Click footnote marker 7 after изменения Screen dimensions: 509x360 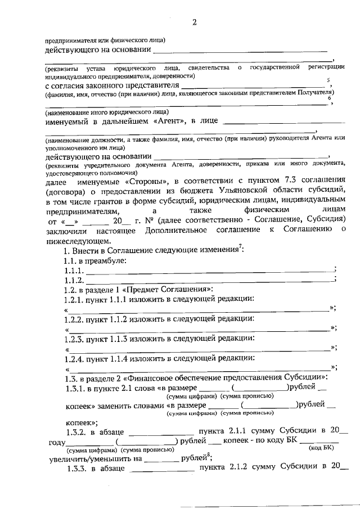coord(241,248)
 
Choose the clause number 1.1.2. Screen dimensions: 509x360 coord(75,280)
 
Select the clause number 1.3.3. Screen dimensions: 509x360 coord(77,468)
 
